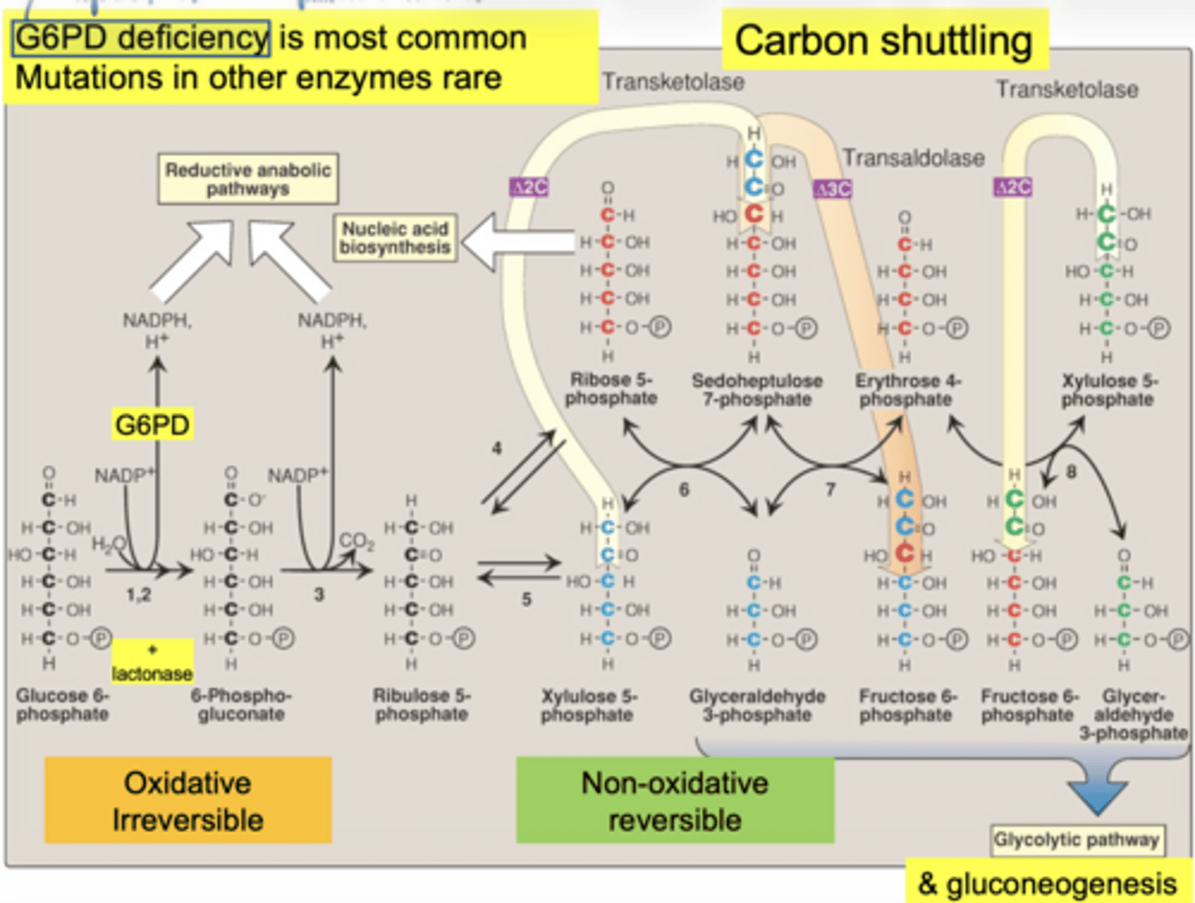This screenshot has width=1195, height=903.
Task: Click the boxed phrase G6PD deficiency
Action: click(x=141, y=38)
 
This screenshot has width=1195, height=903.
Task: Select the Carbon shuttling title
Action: click(x=884, y=41)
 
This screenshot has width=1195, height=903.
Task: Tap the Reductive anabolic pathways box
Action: click(x=248, y=178)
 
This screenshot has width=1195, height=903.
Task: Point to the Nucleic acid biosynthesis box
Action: click(x=395, y=238)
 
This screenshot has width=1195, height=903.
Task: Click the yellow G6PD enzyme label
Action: click(x=153, y=425)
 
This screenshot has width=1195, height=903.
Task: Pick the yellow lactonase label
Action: click(x=153, y=663)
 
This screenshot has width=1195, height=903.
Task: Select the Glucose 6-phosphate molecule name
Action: click(x=62, y=705)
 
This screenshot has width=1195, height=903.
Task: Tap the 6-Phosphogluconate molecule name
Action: click(x=241, y=705)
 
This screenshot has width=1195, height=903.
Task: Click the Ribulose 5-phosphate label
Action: click(x=422, y=705)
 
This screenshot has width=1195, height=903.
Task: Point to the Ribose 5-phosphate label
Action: click(x=612, y=388)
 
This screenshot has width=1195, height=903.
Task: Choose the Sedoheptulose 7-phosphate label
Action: click(x=757, y=389)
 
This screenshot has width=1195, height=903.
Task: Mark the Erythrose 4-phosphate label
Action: click(x=907, y=389)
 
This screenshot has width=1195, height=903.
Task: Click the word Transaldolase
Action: click(x=914, y=158)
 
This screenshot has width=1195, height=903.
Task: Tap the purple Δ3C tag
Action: click(x=833, y=189)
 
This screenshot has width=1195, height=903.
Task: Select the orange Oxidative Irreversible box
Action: click(x=188, y=801)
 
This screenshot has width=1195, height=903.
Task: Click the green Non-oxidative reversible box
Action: click(x=675, y=801)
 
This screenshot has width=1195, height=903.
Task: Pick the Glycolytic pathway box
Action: click(x=1076, y=840)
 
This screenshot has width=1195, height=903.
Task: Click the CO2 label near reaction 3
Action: click(x=356, y=541)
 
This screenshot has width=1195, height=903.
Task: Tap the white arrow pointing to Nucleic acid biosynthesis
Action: click(x=515, y=242)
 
